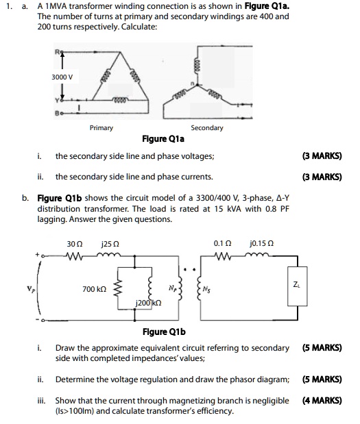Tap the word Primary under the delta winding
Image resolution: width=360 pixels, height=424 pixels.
point(101,128)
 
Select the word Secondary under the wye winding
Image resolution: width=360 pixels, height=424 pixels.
point(206,128)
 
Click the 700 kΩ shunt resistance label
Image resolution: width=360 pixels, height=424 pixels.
point(93,290)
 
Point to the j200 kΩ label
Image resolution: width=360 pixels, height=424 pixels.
point(149,303)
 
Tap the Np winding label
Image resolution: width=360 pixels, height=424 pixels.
point(171,288)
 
